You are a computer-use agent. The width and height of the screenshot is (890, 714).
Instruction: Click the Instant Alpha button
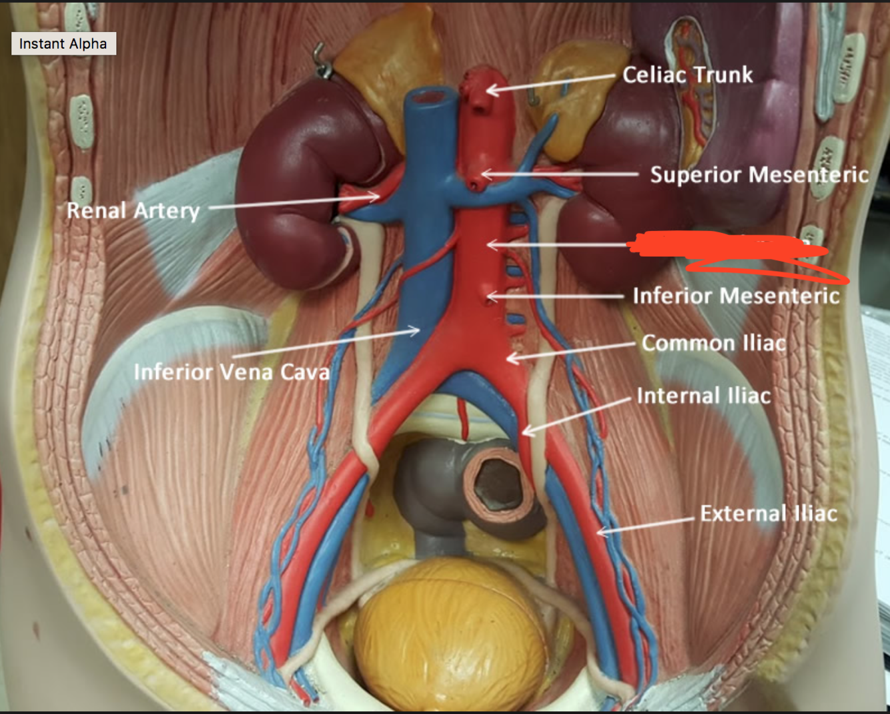[63, 44]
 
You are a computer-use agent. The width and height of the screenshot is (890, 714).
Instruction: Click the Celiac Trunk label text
[687, 75]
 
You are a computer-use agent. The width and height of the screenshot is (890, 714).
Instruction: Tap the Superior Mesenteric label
[759, 175]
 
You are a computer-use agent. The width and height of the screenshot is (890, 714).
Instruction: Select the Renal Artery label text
[133, 211]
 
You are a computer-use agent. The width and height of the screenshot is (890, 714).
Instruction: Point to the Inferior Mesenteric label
[736, 296]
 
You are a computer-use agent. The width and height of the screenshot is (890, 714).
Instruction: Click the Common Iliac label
[714, 343]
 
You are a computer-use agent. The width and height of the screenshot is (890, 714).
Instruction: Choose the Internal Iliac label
[704, 396]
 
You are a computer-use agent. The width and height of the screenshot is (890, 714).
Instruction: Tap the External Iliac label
[769, 513]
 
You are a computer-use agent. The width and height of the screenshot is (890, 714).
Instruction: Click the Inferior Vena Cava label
[232, 372]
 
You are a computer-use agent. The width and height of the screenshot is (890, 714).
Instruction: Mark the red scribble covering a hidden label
[727, 247]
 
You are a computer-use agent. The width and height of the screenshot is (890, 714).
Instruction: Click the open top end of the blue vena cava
[428, 98]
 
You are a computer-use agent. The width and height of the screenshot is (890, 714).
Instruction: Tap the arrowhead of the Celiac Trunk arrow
[489, 89]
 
